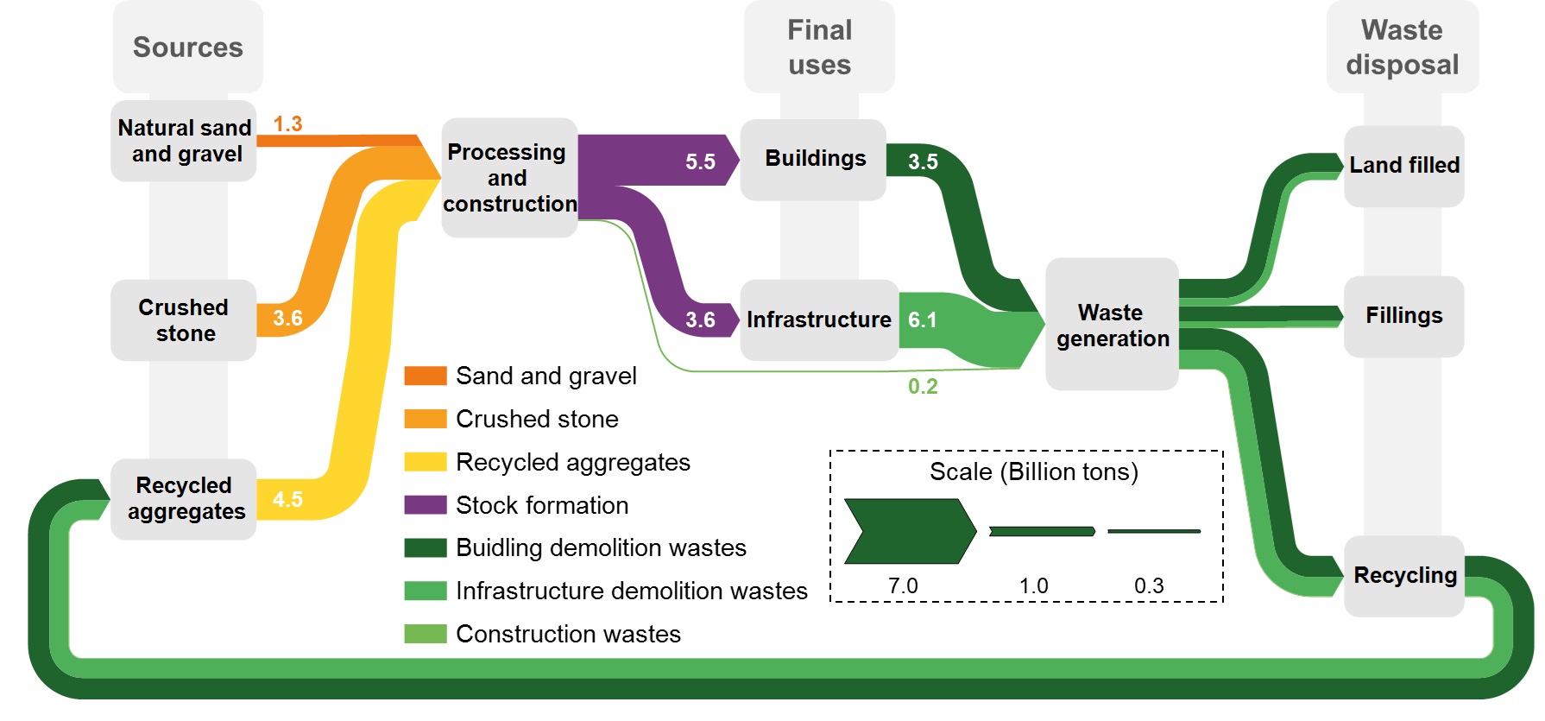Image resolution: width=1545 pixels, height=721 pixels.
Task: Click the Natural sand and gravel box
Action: pos(184,141)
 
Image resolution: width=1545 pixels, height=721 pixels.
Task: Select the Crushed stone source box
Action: pos(183,320)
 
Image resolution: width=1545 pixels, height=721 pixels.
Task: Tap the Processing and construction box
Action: pos(509,178)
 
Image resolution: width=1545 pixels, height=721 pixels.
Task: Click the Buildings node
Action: pos(814,159)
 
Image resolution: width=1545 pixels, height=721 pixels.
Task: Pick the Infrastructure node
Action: pos(818,320)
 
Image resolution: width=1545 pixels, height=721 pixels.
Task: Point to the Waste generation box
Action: pos(1112,325)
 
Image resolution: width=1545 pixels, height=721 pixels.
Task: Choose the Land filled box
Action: pos(1403,166)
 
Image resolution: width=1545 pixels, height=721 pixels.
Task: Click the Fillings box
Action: pos(1403,316)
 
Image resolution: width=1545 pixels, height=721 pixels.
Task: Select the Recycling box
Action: pos(1404,575)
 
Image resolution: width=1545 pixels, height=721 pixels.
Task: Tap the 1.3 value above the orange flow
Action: pos(287,124)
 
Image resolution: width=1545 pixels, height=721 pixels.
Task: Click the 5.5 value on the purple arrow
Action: pos(700,161)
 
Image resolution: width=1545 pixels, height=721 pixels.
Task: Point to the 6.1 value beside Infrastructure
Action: pos(922,320)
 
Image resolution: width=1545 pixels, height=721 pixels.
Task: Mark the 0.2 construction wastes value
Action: pos(922,386)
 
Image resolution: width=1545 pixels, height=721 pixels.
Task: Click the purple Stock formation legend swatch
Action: pos(426,505)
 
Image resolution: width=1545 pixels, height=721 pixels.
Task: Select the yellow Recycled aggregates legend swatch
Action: pos(426,462)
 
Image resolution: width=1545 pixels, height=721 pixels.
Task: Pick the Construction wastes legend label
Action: pos(568,634)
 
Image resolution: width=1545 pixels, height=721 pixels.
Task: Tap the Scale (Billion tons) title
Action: pos(1033,472)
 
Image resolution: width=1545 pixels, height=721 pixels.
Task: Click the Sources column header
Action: pos(187,47)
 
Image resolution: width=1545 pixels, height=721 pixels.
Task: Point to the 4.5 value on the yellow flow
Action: pos(287,499)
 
